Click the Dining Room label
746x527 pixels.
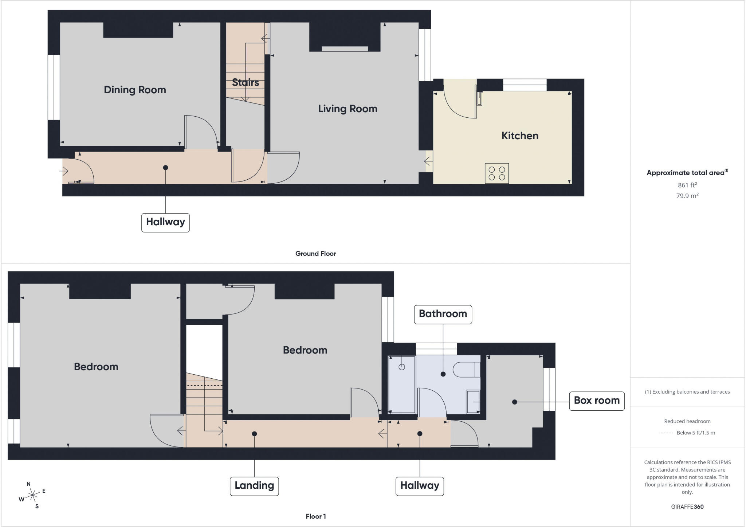(x=135, y=90)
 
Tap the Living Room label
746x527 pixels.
(x=348, y=109)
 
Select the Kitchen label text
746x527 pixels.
(x=520, y=136)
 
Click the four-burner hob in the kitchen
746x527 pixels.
(x=497, y=173)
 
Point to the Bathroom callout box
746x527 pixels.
(x=443, y=314)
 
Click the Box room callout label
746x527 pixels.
(x=597, y=401)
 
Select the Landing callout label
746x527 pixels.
(x=254, y=486)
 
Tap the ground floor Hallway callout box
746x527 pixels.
(x=165, y=222)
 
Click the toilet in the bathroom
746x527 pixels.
(x=467, y=370)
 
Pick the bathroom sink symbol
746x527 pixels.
(x=473, y=402)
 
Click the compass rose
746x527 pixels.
(x=32, y=495)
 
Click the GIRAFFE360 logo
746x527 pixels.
(x=687, y=507)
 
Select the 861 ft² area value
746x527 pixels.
(x=687, y=185)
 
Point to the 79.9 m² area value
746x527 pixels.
(x=687, y=196)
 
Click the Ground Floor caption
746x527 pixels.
(x=315, y=254)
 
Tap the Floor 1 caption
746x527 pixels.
(x=315, y=516)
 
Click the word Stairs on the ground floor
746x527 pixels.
(x=246, y=82)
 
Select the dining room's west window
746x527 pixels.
(x=54, y=87)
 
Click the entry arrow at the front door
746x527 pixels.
(x=64, y=171)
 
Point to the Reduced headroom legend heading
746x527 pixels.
(x=687, y=421)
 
